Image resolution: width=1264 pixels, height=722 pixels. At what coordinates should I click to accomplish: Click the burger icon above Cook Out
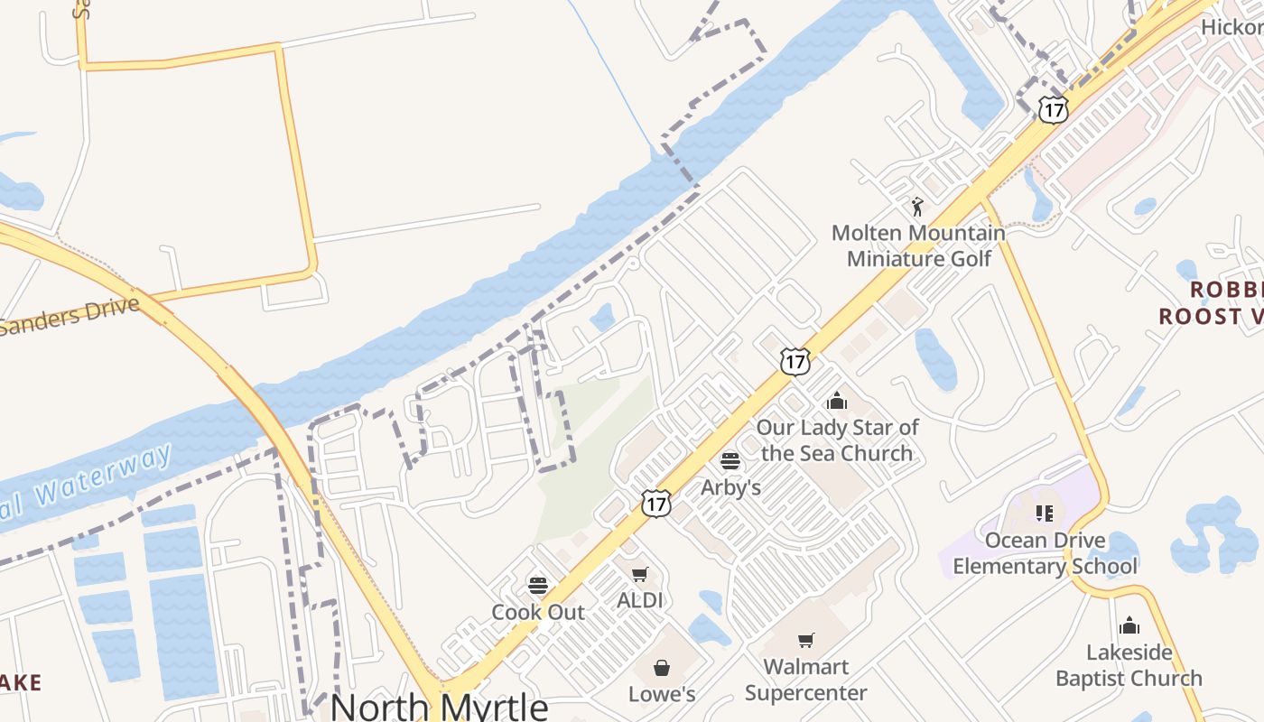(538, 585)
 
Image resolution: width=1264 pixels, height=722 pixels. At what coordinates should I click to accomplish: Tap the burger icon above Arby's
(730, 461)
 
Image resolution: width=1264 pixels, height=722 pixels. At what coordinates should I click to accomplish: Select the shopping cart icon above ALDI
(640, 574)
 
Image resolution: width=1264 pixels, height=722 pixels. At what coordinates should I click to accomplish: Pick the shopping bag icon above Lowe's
(662, 668)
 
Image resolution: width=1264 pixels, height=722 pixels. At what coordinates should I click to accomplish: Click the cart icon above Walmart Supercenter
(805, 641)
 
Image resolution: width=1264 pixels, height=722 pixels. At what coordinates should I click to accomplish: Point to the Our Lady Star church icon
(837, 401)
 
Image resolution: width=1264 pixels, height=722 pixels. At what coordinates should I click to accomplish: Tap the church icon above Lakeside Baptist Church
(1129, 625)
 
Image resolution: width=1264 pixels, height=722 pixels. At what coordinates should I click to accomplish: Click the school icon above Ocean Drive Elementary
(1045, 514)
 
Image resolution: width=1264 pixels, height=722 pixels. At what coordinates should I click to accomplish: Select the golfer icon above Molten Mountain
(917, 207)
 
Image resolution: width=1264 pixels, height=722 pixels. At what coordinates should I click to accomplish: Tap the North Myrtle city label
(440, 705)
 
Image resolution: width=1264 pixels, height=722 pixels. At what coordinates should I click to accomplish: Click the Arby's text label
(731, 487)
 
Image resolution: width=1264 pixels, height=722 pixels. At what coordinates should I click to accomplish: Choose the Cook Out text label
(538, 612)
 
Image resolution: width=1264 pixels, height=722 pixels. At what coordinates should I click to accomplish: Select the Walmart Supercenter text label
(806, 680)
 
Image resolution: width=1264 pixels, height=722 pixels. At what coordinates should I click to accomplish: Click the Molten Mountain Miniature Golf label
(918, 245)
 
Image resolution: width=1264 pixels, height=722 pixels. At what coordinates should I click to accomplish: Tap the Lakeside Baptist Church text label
(1129, 665)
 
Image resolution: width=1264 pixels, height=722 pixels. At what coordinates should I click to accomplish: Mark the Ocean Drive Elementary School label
(1046, 553)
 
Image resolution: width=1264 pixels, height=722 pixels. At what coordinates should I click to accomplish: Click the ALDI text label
(640, 600)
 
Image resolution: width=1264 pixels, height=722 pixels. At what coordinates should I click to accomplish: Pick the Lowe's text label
(662, 694)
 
